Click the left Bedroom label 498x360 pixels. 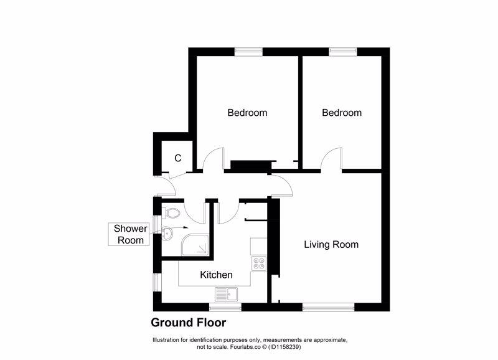pos(247,113)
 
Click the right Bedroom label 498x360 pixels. pos(341,113)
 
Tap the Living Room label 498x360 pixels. pos(331,244)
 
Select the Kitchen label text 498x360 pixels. pos(216,275)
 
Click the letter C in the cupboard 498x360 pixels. pos(177,158)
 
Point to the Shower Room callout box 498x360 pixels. pos(129,234)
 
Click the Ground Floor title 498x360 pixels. pos(188,323)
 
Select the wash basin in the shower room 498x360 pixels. pos(166,234)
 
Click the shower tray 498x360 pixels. pos(194,247)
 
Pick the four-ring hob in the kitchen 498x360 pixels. pos(258,263)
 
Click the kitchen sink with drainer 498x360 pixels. pos(228,293)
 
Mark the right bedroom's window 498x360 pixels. pos(342,51)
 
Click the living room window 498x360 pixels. pos(327,306)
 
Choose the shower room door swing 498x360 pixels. pos(199,212)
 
